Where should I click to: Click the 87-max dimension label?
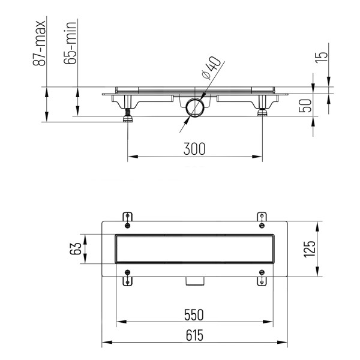click(x=39, y=43)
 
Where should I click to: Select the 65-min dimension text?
click(x=70, y=43)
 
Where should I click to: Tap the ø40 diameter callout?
click(x=211, y=68)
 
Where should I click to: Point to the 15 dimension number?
click(x=321, y=57)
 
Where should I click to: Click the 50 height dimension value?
click(x=305, y=106)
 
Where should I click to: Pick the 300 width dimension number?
click(x=194, y=149)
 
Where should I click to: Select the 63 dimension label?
click(x=76, y=248)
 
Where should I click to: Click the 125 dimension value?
click(x=310, y=249)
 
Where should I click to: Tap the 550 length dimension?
click(x=194, y=315)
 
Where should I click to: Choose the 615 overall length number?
click(x=194, y=335)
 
